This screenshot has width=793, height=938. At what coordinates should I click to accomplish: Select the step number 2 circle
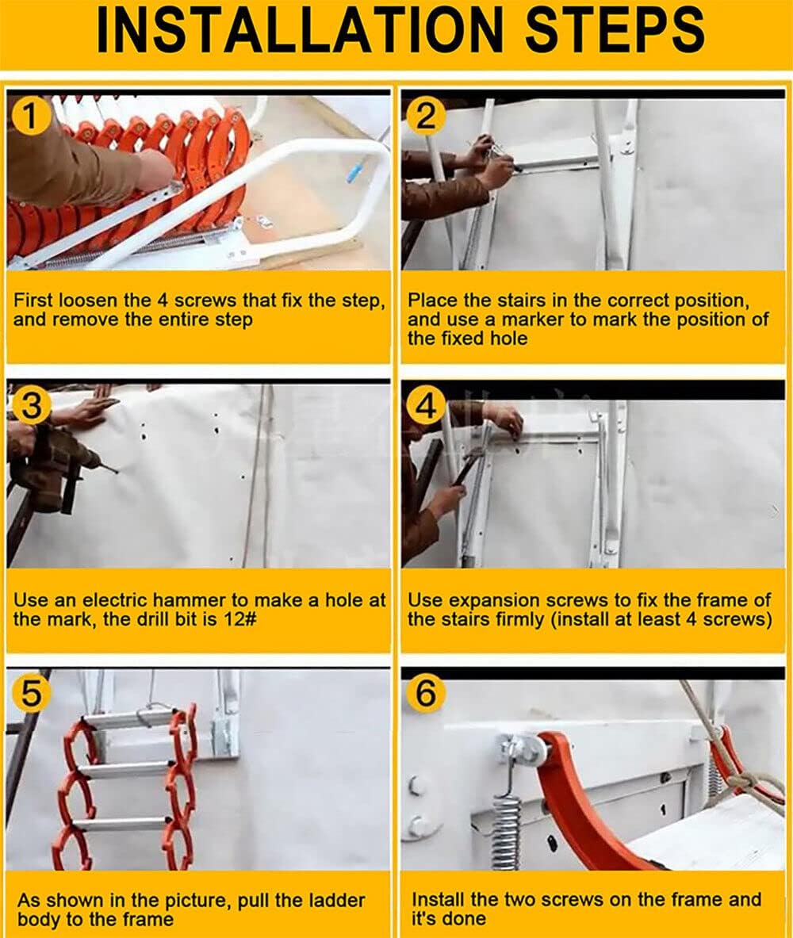(x=426, y=118)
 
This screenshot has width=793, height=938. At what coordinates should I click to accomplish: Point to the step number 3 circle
(x=29, y=407)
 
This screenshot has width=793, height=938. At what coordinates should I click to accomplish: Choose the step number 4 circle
(x=426, y=407)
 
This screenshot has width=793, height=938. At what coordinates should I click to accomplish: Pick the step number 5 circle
(x=29, y=694)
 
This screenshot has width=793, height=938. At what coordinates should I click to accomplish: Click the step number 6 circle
(x=426, y=694)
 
